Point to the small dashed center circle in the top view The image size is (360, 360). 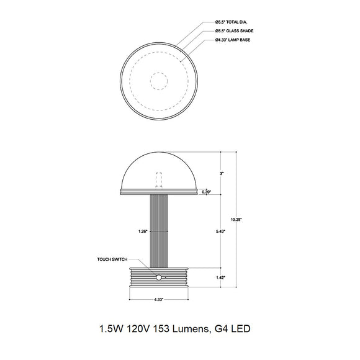(160, 79)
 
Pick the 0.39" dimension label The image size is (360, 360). (207, 192)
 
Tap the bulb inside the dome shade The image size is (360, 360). (159, 179)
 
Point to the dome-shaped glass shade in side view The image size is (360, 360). (159, 171)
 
